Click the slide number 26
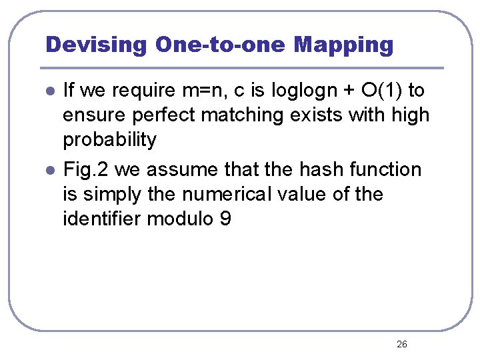click(401, 344)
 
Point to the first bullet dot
click(49, 91)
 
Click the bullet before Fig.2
click(49, 171)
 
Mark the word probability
click(109, 140)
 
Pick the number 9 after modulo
click(225, 219)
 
